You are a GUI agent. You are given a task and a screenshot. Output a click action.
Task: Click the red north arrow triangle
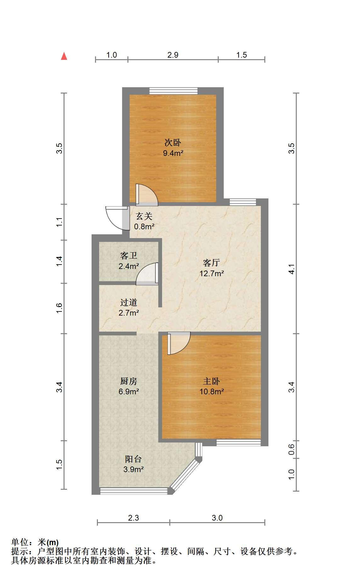64,56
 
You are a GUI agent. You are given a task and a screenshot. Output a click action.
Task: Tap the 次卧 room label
173,143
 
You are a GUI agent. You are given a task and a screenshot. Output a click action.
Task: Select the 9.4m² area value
173,153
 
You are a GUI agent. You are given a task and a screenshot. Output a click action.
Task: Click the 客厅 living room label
211,262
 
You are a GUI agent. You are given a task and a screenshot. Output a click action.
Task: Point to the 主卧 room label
211,381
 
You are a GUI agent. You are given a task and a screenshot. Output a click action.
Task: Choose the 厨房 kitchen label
129,381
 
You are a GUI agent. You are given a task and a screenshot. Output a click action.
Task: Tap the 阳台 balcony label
133,459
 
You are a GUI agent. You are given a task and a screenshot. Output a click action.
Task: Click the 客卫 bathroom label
129,255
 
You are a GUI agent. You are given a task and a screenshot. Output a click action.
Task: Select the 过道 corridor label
129,302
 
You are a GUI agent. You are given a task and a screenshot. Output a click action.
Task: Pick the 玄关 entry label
144,216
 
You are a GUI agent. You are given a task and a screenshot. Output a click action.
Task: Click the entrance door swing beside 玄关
117,218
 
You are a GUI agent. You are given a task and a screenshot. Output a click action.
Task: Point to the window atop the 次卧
173,91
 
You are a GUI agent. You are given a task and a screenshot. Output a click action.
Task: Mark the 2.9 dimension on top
173,55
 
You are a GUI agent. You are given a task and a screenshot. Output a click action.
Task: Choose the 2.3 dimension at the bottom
133,518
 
